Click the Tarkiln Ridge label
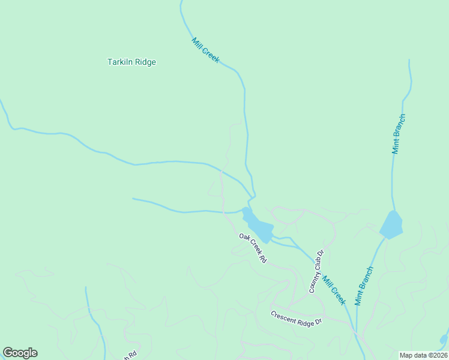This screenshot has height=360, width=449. [131, 62]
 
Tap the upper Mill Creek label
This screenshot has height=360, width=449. [206, 50]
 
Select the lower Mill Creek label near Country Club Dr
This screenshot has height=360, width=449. [334, 289]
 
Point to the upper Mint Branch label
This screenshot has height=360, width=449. [399, 133]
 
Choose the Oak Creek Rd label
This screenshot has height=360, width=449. [253, 248]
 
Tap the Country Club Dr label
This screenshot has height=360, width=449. [316, 271]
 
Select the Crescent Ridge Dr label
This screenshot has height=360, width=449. [296, 317]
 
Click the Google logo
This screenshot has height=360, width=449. [20, 353]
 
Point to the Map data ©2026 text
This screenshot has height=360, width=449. [423, 355]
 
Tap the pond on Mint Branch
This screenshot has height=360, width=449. [391, 224]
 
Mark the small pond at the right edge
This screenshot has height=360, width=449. [444, 339]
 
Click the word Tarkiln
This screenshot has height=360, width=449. [119, 62]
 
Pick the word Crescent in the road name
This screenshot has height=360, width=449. [283, 315]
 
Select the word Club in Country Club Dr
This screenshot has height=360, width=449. [317, 269]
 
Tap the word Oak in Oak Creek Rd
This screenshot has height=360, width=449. [243, 238]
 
